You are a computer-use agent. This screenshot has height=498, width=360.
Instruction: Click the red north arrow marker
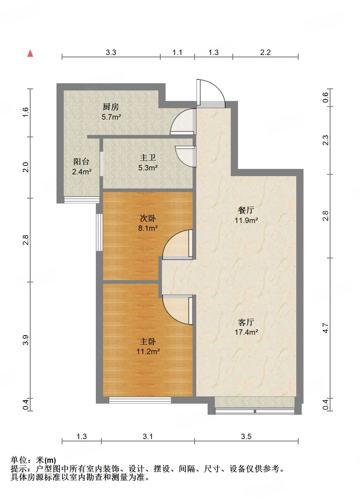[30, 53]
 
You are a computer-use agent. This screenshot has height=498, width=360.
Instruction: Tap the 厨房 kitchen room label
[111, 107]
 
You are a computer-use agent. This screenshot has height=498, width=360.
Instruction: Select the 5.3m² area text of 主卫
[148, 168]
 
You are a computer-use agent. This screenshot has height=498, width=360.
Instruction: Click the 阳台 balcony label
[81, 162]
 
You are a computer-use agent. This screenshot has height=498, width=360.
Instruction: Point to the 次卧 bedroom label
[148, 218]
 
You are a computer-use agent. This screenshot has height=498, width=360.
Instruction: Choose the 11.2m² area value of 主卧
[148, 351]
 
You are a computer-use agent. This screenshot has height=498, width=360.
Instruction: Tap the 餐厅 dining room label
[246, 210]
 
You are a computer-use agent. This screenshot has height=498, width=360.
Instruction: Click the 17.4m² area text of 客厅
[246, 332]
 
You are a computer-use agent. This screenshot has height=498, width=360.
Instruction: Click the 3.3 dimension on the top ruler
[111, 53]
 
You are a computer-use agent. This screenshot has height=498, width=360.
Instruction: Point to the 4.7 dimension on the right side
[325, 328]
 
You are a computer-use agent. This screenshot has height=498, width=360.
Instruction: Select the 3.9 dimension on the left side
[26, 340]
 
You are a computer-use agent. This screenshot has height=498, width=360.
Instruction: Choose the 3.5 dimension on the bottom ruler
[246, 436]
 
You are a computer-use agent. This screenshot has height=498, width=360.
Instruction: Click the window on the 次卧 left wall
[99, 232]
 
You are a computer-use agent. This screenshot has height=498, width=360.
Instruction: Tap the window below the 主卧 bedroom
[140, 400]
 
